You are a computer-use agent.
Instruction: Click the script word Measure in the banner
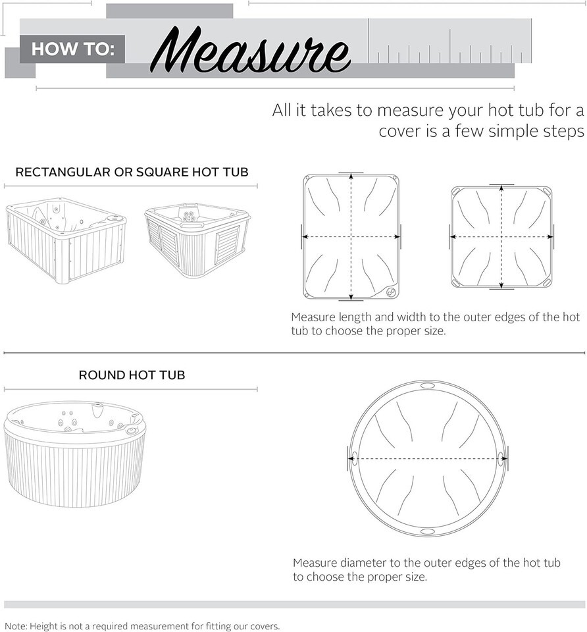pos(250,51)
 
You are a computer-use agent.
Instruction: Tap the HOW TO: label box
pos(72,49)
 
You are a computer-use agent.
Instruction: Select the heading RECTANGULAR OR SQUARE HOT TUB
pos(132,172)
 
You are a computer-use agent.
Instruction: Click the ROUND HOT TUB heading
pos(132,375)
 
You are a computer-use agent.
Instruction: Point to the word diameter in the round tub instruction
pos(364,563)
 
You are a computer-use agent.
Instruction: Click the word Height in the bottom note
pos(44,626)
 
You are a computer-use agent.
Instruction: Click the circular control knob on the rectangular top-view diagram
pos(390,292)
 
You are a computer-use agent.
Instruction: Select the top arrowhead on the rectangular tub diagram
pos(351,176)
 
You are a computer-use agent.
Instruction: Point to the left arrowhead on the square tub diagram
pos(453,236)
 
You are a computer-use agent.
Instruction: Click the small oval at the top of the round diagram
pos(427,385)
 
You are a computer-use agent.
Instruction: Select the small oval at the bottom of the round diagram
pos(427,532)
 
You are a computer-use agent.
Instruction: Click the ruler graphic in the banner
pos(449,41)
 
